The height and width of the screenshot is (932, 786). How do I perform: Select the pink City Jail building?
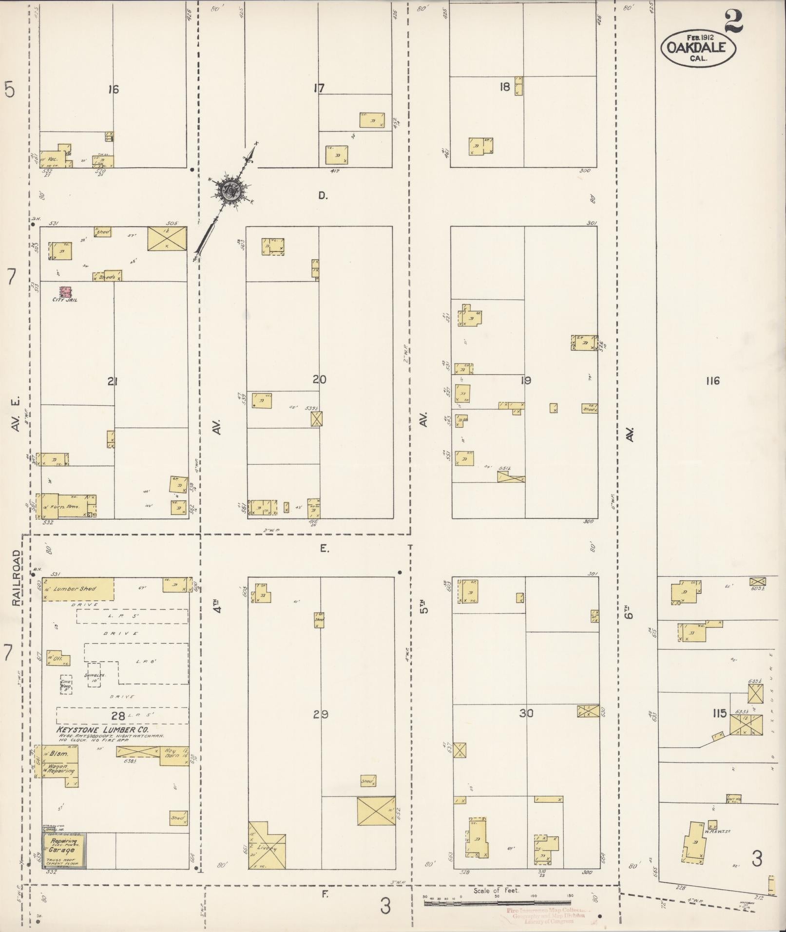[x=65, y=292]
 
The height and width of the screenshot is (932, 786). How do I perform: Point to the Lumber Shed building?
[x=78, y=589]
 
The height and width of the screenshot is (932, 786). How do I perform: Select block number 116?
[x=712, y=381]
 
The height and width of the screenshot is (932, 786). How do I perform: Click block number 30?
[x=526, y=713]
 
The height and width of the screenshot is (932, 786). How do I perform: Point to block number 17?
[x=319, y=88]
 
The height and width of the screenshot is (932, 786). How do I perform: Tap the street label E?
[x=325, y=549]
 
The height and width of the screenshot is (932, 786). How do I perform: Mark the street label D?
[x=322, y=196]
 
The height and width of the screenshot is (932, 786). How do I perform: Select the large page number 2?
[x=733, y=21]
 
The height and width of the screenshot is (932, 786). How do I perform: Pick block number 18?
[x=504, y=87]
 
